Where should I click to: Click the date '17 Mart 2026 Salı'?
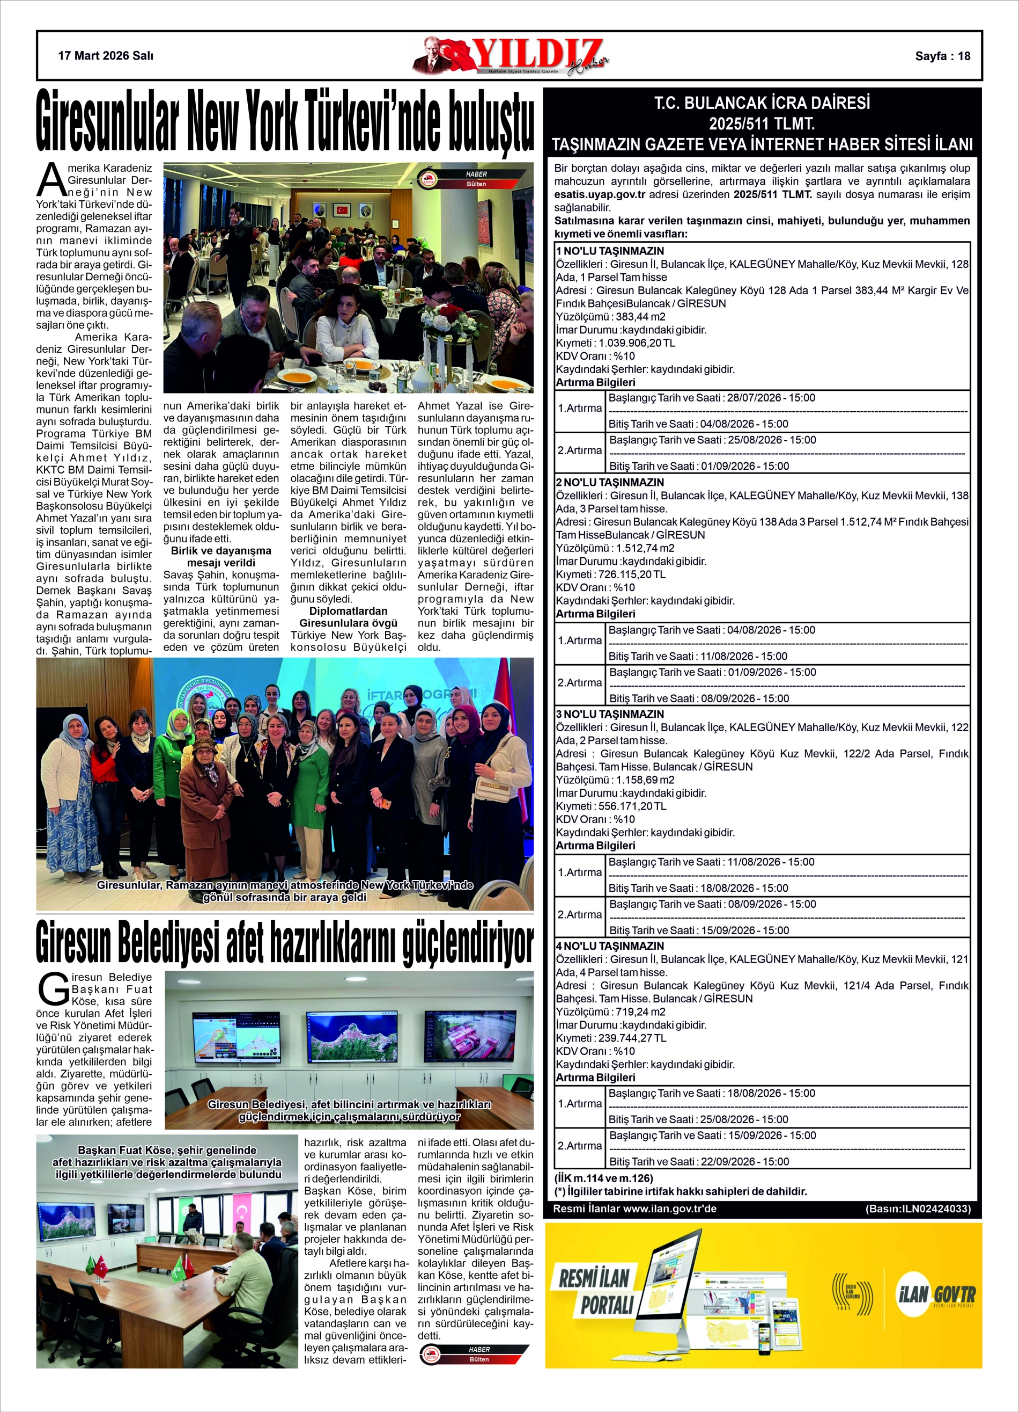(x=105, y=56)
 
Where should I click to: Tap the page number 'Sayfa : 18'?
(x=942, y=56)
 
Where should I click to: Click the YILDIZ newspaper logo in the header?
(x=510, y=56)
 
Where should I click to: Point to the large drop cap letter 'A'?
(x=51, y=180)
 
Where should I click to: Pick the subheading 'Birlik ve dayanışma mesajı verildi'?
(x=221, y=557)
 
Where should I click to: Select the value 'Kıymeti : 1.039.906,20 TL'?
(x=615, y=343)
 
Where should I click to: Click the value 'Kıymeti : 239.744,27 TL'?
(x=611, y=1038)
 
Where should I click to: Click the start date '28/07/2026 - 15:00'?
(x=771, y=398)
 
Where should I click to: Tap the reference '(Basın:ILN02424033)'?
(x=918, y=1209)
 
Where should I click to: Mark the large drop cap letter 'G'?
(x=54, y=989)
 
